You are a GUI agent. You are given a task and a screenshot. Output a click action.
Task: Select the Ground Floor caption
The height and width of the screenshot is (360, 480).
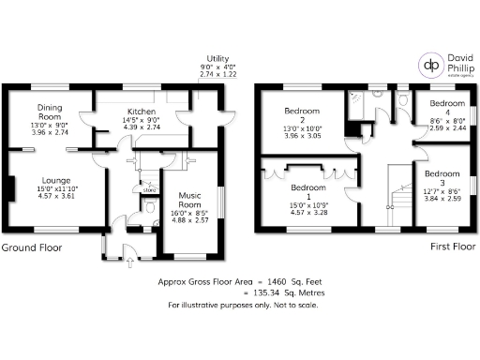[33, 248]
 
